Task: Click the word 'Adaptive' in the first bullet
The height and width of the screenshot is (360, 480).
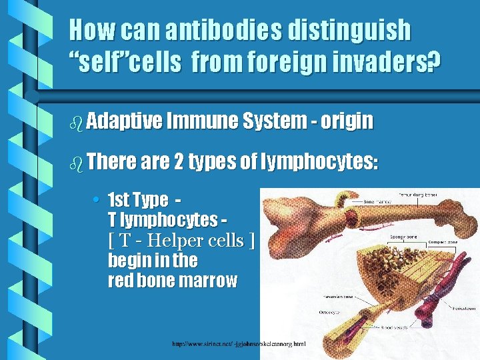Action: (124, 121)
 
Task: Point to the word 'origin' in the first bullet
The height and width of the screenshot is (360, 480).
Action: (346, 121)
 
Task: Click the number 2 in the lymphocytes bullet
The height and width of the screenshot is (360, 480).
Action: (179, 161)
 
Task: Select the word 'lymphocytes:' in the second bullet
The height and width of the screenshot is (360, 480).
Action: (321, 162)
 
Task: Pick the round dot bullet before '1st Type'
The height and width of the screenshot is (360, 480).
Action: (97, 200)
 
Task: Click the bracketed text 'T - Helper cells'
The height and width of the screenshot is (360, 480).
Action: (181, 240)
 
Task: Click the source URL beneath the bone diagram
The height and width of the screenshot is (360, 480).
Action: (238, 344)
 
